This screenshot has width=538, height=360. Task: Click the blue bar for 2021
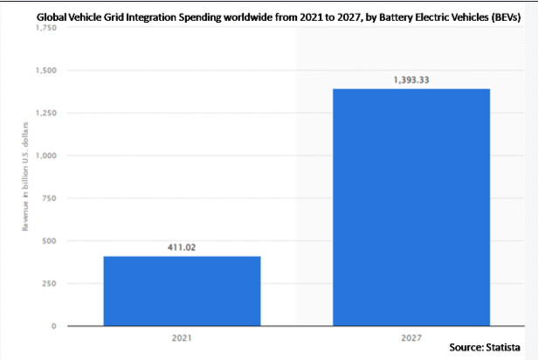coord(182,291)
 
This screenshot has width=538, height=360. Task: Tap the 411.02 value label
coord(182,247)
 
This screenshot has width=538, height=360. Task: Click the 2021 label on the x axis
coord(182,336)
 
